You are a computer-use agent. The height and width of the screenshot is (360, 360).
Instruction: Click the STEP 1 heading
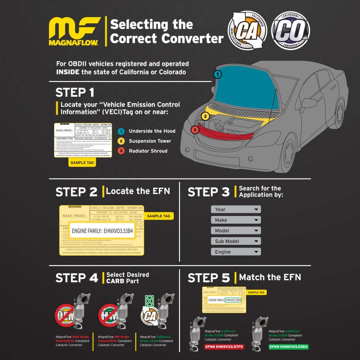click(75, 93)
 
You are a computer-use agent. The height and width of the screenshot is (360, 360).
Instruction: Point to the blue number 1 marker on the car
click(217, 74)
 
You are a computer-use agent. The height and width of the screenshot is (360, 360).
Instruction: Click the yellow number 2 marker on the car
click(205, 116)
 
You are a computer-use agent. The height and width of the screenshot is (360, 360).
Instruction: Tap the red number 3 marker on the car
click(194, 130)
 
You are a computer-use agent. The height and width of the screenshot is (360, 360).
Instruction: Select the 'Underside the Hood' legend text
click(152, 131)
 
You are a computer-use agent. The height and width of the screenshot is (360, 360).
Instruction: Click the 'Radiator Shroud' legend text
click(148, 151)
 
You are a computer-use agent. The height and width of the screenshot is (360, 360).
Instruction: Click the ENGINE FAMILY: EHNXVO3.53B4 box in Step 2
click(102, 231)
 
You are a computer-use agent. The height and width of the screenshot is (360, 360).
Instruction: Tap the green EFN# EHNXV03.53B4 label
click(289, 347)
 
